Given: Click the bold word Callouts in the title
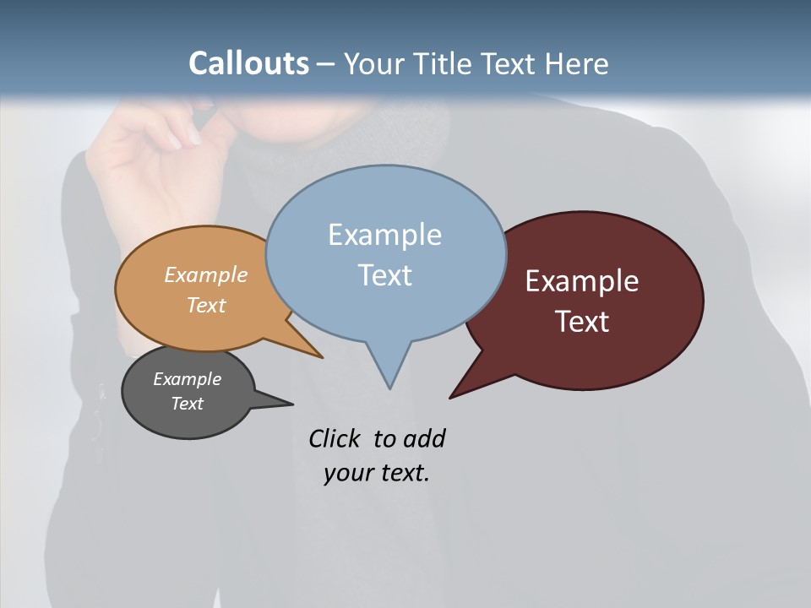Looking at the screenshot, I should coord(248,63).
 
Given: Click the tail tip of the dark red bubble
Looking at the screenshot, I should coord(451,396).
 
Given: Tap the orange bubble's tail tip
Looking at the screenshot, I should coord(321,356).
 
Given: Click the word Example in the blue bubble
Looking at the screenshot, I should coord(384,235).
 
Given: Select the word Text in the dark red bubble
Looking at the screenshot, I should coord(582,322).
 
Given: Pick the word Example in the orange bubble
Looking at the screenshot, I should coord(206,274).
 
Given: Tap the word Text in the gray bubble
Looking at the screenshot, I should coord(188,404).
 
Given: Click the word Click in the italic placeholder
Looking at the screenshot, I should coord(334,438).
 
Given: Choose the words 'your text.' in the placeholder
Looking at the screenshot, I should coord(377,473).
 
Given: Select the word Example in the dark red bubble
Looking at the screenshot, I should coord(582,281).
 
